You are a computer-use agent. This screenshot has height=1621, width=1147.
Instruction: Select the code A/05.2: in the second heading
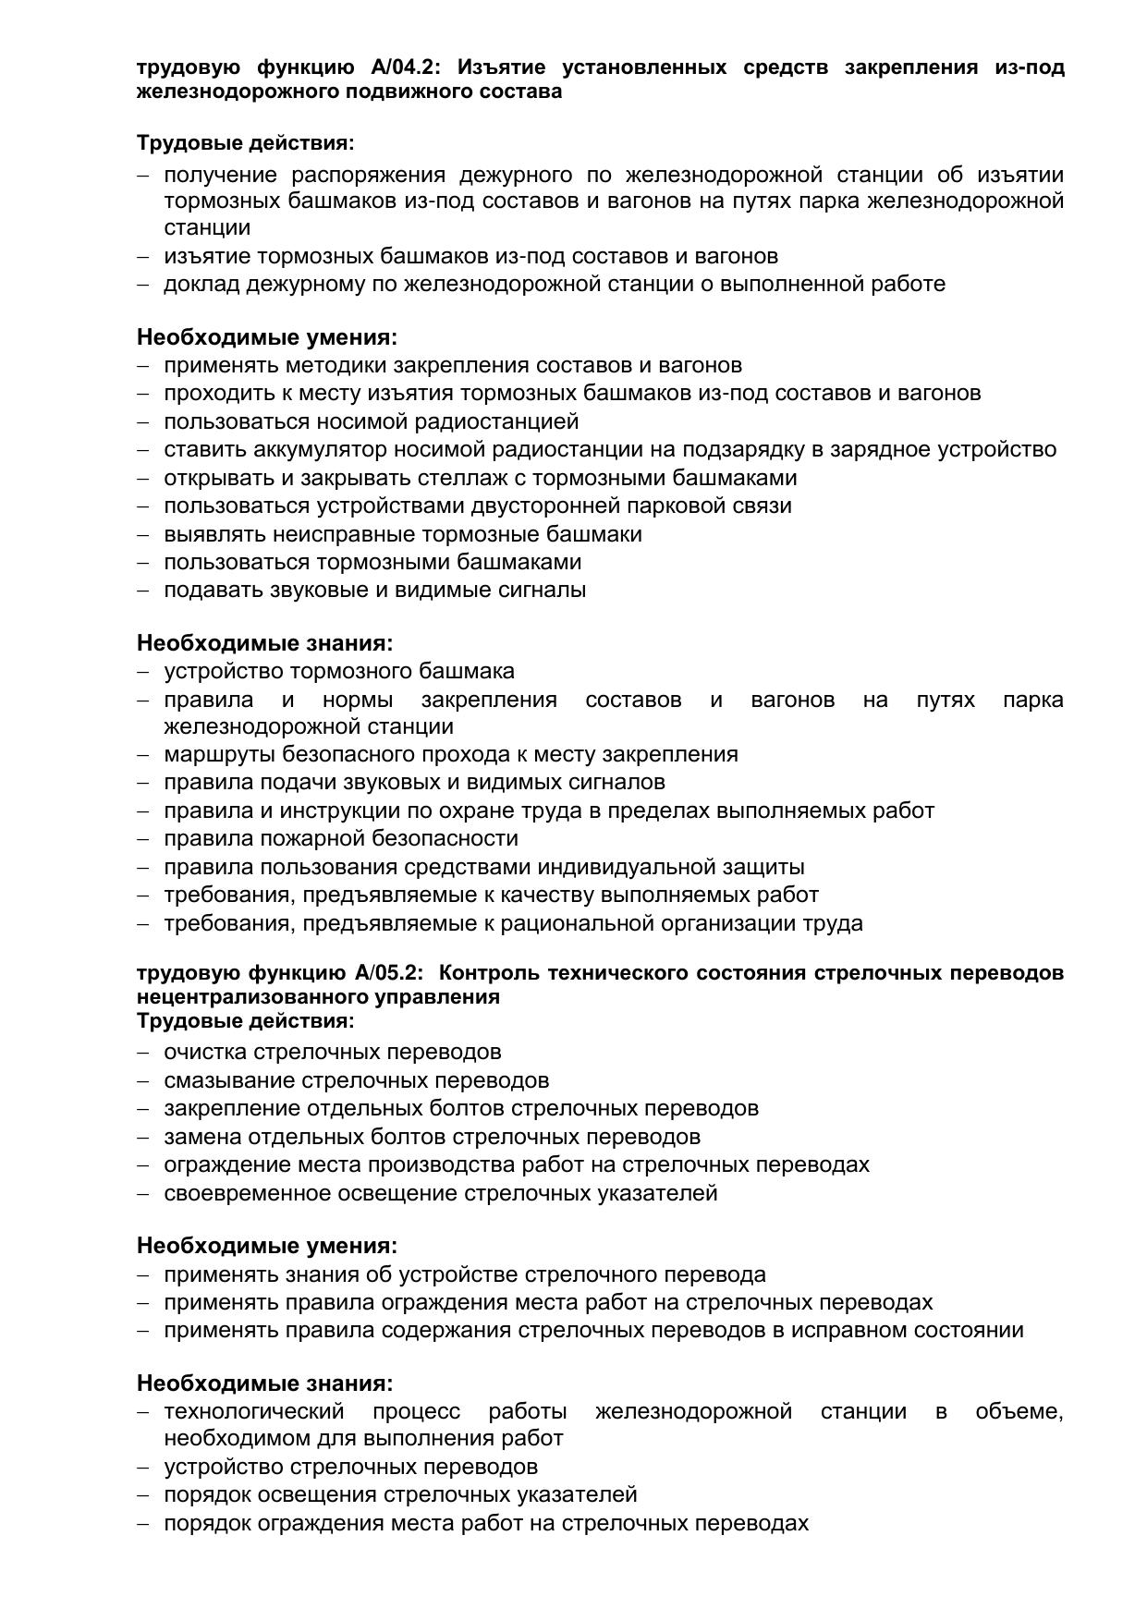pos(387,973)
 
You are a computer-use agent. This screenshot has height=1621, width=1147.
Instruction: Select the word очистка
pos(205,1052)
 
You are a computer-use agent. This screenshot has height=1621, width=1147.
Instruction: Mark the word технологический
pos(254,1411)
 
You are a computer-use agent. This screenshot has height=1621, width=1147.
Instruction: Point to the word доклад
pos(201,284)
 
